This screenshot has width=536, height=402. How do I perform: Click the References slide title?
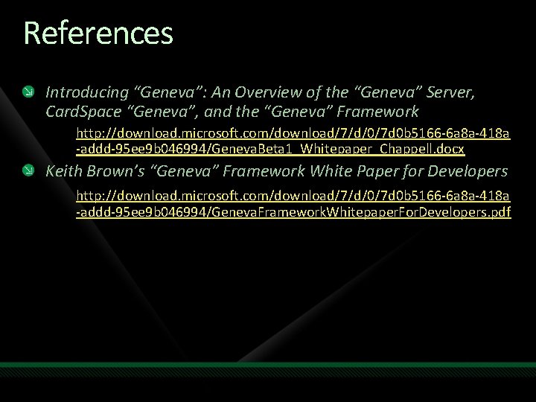point(98,33)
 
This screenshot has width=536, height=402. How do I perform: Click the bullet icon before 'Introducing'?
point(28,92)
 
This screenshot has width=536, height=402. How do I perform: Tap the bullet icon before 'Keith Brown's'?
point(28,171)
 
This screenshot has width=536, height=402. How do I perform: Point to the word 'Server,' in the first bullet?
point(449,92)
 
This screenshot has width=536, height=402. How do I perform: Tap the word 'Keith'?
point(63,171)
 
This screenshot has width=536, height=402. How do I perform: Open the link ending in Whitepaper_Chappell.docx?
point(271,149)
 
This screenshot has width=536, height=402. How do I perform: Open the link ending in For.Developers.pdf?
point(293,213)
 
